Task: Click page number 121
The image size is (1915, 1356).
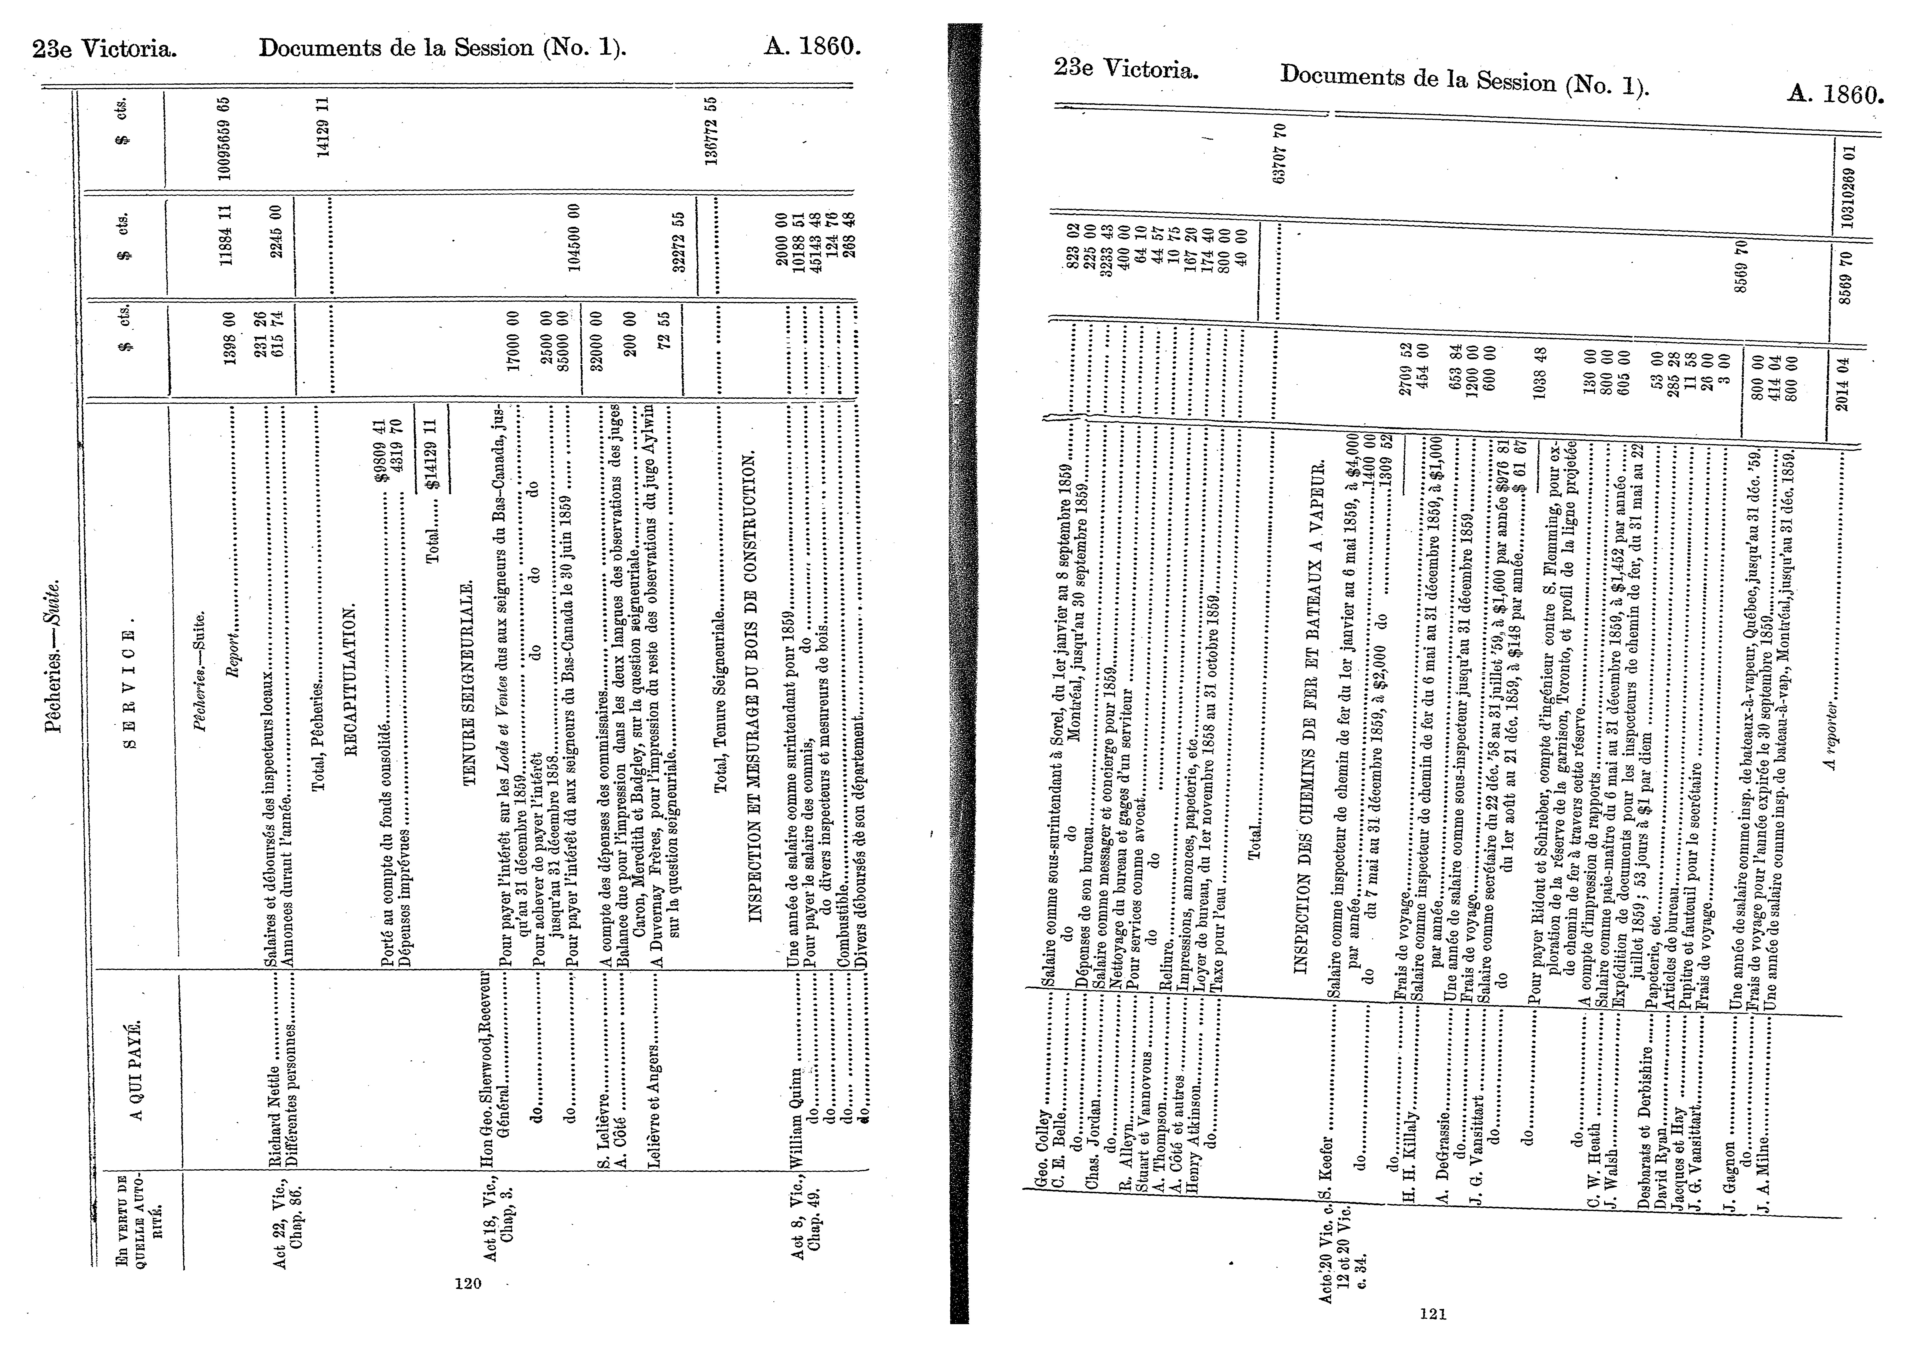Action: [1433, 1314]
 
